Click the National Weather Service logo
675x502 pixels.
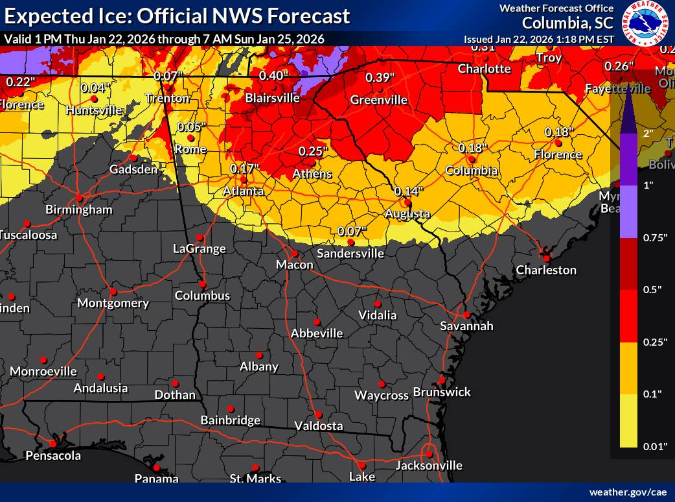click(645, 23)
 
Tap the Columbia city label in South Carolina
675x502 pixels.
click(472, 171)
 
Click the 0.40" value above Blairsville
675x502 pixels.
click(273, 76)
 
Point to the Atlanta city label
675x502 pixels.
click(244, 191)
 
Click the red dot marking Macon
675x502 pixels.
click(294, 254)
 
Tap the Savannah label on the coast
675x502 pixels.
click(466, 326)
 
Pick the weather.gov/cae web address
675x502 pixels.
click(628, 492)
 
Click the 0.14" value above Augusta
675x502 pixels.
click(409, 191)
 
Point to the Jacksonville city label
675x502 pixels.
click(429, 465)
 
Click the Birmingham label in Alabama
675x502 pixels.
click(78, 209)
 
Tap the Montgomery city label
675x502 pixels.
click(113, 303)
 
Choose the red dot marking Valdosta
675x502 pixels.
click(318, 414)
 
